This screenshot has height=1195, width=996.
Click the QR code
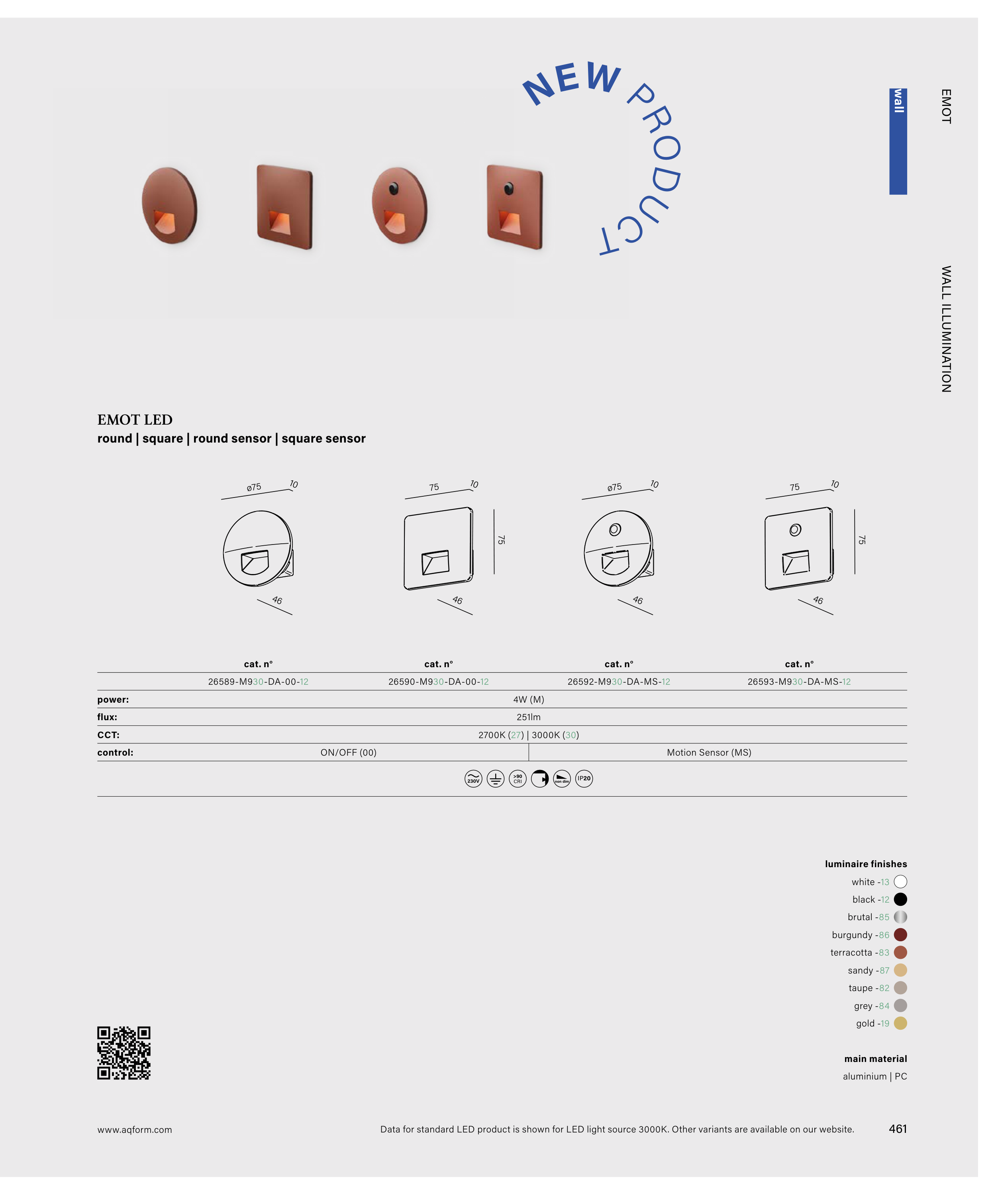coord(124,1053)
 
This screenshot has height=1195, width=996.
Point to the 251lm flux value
coord(528,717)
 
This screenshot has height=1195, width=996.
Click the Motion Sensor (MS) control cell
coord(709,752)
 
